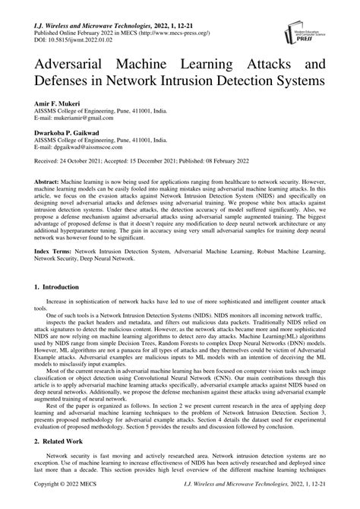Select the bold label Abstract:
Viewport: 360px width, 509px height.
(50, 184)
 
